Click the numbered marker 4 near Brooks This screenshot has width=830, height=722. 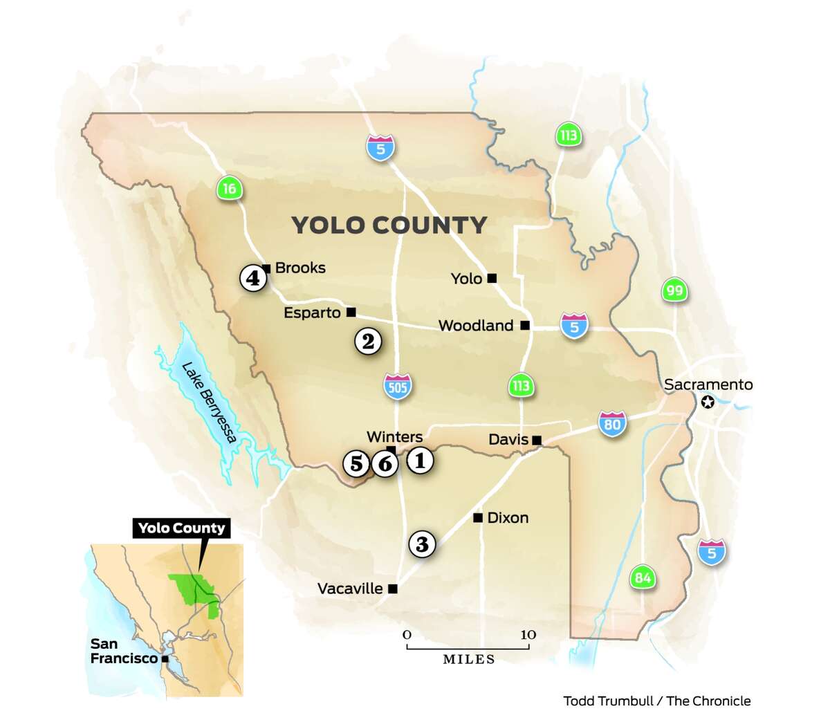(x=253, y=278)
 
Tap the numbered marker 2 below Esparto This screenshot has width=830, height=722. (x=368, y=340)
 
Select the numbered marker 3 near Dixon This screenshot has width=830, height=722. (x=422, y=544)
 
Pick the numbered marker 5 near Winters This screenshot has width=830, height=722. (x=356, y=462)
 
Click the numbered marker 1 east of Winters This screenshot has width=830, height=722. (x=419, y=460)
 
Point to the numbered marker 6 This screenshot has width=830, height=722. (x=385, y=463)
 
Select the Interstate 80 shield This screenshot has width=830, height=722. (x=612, y=423)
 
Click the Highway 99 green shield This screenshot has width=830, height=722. (x=674, y=290)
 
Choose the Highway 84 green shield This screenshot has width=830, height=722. (x=643, y=577)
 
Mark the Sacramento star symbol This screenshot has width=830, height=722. (x=708, y=402)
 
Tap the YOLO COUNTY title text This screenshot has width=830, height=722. (x=389, y=225)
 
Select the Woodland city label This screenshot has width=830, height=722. (x=476, y=326)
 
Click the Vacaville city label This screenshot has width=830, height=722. (x=350, y=589)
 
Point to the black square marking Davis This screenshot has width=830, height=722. (x=536, y=440)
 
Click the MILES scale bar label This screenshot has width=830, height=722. (x=468, y=660)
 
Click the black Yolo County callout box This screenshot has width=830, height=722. (x=181, y=528)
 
